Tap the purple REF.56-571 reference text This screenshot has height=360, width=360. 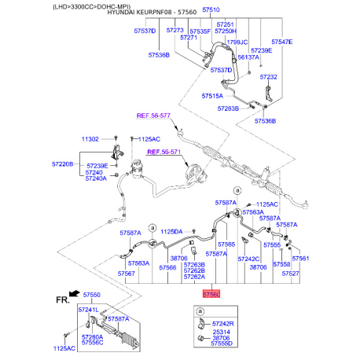[163, 152]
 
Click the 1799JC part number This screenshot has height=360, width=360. [237, 42]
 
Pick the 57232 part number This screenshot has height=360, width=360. [269, 78]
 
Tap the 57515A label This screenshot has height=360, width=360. [213, 96]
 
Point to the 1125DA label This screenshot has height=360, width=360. [171, 231]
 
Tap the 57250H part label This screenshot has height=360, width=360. [225, 31]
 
